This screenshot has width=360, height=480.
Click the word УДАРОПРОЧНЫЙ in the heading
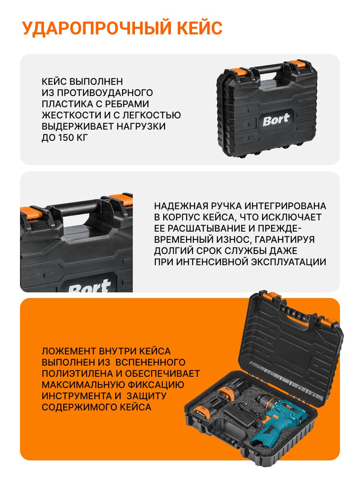click(x=96, y=28)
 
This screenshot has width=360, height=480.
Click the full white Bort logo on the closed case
click(x=276, y=119)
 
